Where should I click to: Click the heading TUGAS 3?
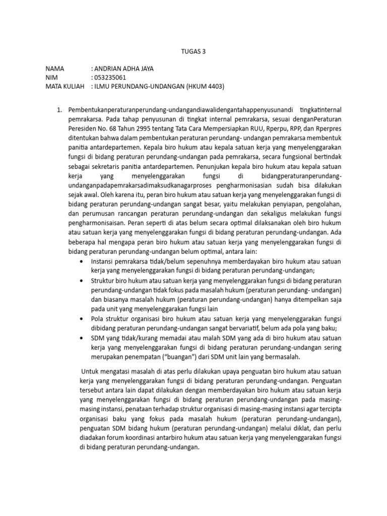(x=193, y=51)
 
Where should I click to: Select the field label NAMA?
(x=55, y=69)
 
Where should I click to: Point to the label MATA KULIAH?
(x=64, y=86)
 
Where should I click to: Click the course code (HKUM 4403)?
(x=205, y=86)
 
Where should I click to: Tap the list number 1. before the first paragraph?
(x=58, y=110)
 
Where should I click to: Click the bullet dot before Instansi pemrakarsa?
(x=82, y=262)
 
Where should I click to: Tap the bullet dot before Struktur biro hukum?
(x=82, y=281)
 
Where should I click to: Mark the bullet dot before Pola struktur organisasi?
(x=82, y=319)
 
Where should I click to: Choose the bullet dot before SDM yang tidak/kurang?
(x=82, y=338)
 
